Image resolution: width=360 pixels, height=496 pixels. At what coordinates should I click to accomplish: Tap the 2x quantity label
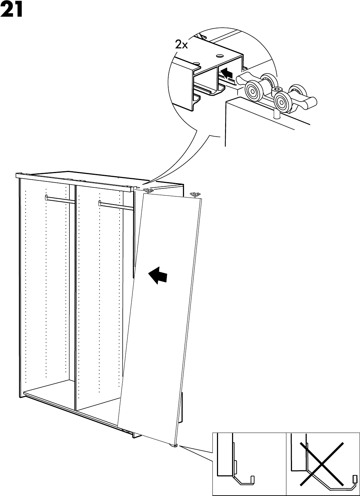point(182,44)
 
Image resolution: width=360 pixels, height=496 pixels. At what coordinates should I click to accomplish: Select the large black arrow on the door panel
point(158,275)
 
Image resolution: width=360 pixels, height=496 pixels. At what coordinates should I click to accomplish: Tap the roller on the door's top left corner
point(148,191)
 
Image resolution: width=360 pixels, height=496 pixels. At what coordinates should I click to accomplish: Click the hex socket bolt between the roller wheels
point(275,91)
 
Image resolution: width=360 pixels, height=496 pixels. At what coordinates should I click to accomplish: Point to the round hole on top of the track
point(220,56)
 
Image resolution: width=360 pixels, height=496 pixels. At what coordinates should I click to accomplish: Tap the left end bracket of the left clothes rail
point(46,197)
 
